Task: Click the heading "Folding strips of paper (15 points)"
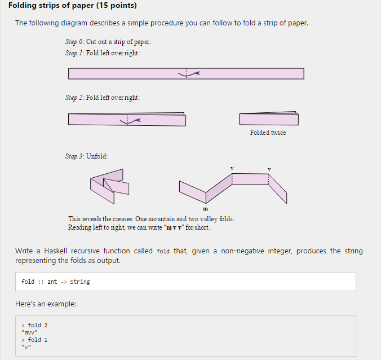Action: [x=73, y=6]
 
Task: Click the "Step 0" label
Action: [x=74, y=42]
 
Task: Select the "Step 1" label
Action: [x=74, y=53]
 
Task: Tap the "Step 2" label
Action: [x=74, y=98]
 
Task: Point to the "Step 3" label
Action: [x=74, y=156]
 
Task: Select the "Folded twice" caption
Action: [x=268, y=133]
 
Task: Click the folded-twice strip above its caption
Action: [x=268, y=119]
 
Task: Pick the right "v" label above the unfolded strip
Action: [x=269, y=168]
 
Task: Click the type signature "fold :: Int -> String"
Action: [x=55, y=282]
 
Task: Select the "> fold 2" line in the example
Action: [x=34, y=325]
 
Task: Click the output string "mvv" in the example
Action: [x=30, y=332]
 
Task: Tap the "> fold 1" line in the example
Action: [x=34, y=340]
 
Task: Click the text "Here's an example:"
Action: [x=46, y=305]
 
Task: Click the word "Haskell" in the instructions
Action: [x=54, y=251]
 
